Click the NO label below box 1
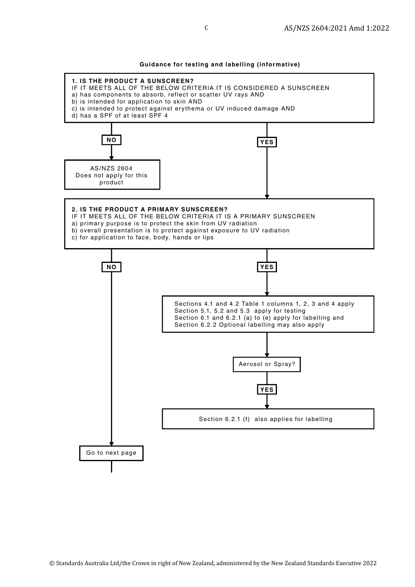coord(111,140)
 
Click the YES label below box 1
coord(266,142)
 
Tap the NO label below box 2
coord(111,267)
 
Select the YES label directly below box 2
coord(266,267)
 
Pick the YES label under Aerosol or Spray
coord(266,390)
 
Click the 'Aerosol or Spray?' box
coord(266,364)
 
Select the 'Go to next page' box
coord(111,453)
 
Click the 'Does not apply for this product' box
coord(112,175)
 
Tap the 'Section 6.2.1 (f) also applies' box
coord(268,419)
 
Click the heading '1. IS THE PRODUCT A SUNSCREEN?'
coord(133,81)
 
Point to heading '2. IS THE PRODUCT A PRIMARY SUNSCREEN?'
coord(150,209)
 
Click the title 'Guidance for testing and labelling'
coord(220,64)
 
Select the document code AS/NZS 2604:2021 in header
coord(336,28)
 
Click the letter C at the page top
coord(206,28)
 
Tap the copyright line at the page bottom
coord(213,563)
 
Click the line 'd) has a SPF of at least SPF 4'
coord(120,116)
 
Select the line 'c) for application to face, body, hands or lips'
coord(142,238)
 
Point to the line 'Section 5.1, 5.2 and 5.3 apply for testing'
coord(240,311)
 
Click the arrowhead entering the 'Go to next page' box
coord(111,444)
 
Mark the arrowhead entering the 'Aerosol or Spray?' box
coord(267,355)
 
